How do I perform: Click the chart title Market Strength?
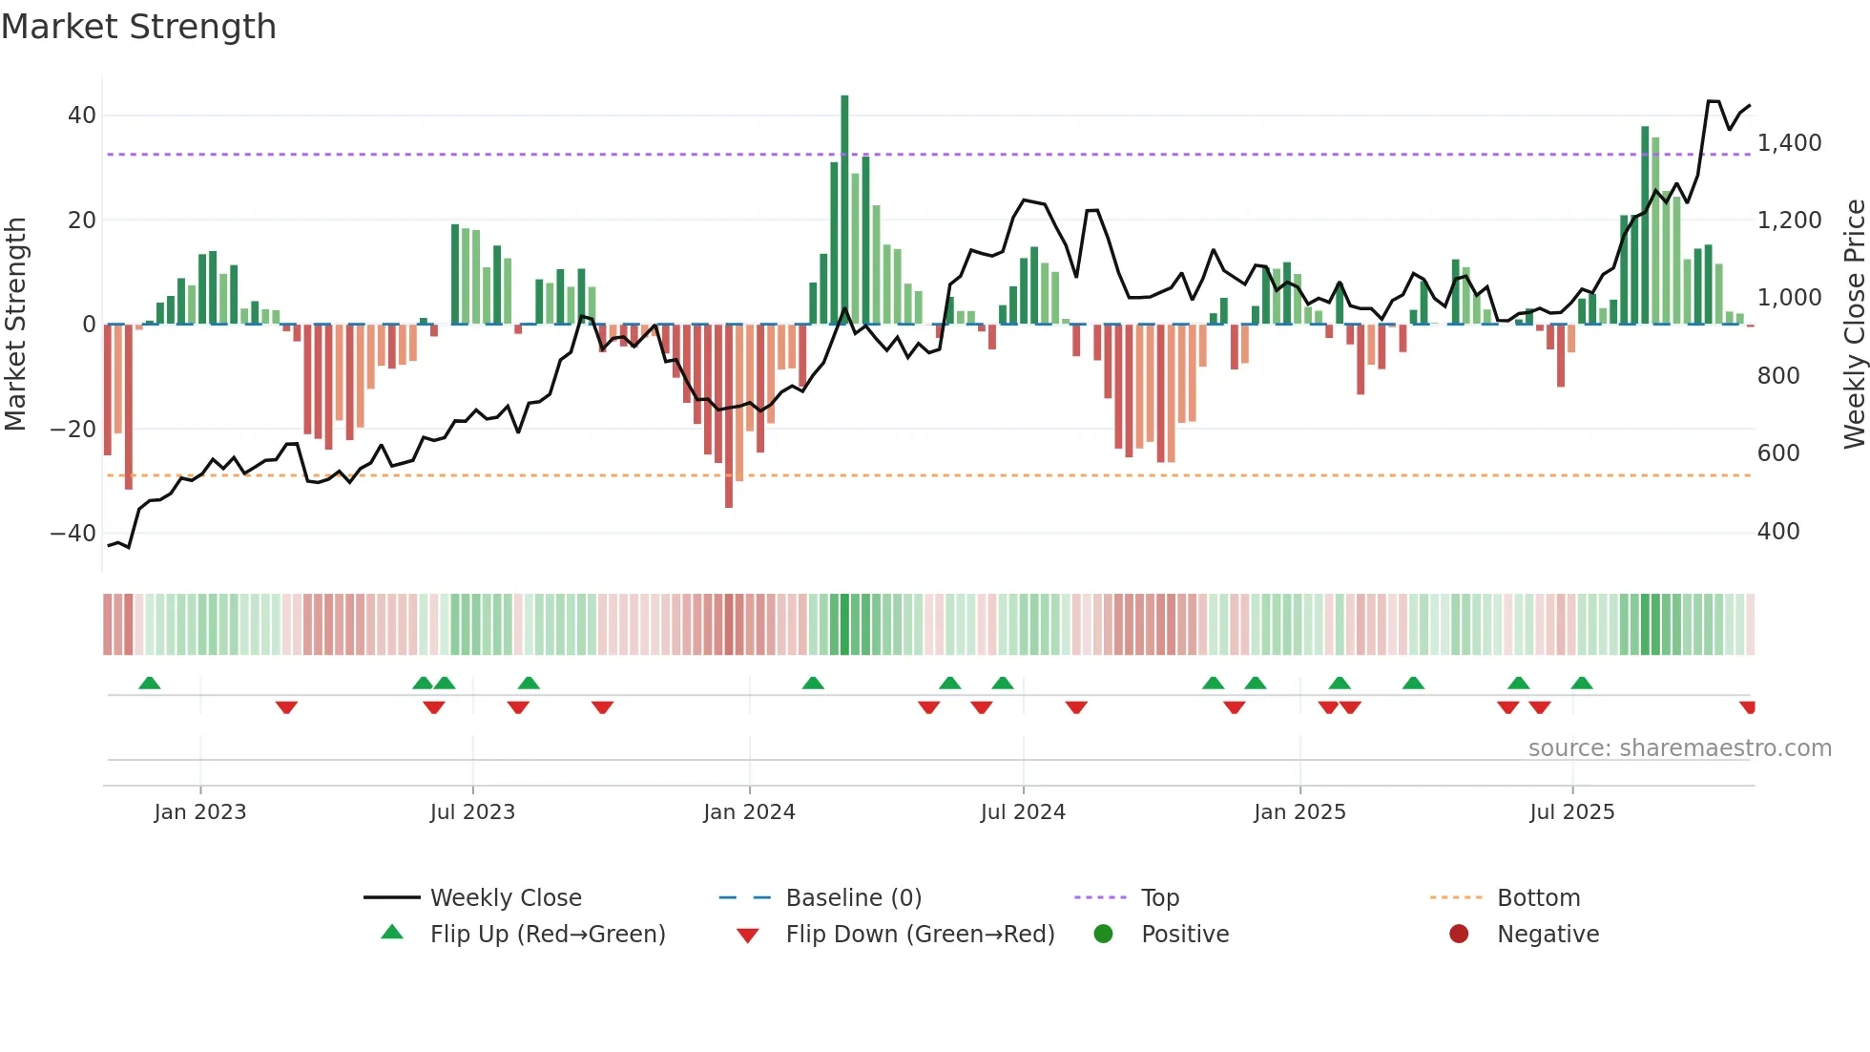click(138, 27)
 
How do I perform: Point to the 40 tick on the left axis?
click(82, 116)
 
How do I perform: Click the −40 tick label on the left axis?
click(73, 533)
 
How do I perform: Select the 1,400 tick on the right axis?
click(1789, 143)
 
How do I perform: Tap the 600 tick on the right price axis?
click(1777, 453)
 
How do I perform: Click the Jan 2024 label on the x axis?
click(749, 812)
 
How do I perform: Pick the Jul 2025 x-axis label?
click(1571, 812)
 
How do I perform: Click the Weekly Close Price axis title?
click(1854, 324)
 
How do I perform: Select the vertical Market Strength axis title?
click(15, 324)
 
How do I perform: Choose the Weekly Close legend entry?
click(505, 898)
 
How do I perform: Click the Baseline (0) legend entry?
click(853, 898)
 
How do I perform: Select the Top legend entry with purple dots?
click(1159, 898)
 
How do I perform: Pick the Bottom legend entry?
click(1538, 898)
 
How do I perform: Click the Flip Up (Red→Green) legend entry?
click(547, 935)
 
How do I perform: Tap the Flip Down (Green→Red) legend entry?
click(920, 935)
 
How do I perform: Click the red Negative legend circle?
click(1459, 934)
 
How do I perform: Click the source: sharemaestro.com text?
click(1679, 748)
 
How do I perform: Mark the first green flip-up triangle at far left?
click(150, 683)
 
